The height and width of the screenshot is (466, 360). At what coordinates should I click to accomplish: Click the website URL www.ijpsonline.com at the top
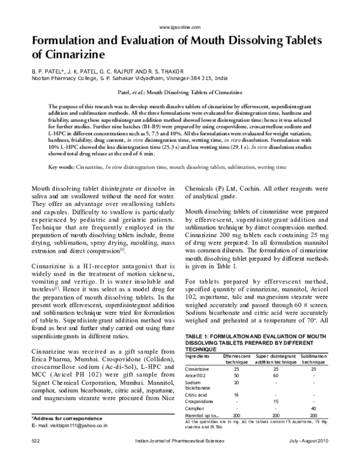pyautogui.click(x=180, y=28)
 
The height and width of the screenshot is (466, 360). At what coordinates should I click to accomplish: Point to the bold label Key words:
pyautogui.click(x=62, y=166)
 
